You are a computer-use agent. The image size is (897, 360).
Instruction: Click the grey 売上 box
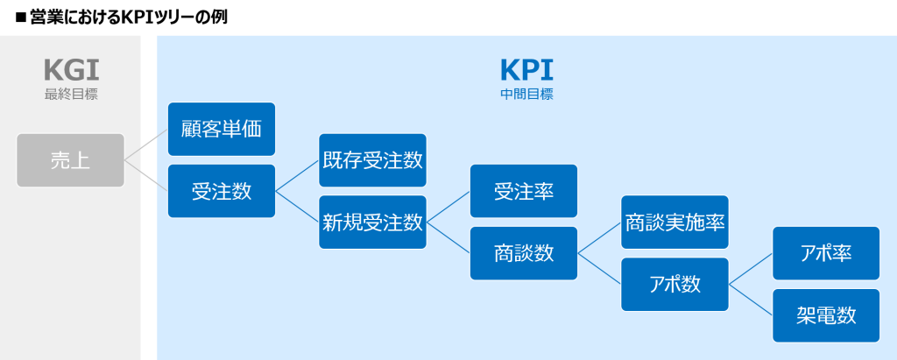[70, 160]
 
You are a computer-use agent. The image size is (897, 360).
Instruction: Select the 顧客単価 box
[222, 130]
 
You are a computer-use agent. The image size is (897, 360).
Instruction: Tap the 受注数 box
[222, 191]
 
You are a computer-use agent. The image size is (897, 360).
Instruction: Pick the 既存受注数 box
[372, 160]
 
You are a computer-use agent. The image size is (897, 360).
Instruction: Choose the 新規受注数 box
[372, 222]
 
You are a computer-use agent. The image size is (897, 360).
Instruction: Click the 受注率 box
[524, 191]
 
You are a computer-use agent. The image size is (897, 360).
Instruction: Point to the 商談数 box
[524, 253]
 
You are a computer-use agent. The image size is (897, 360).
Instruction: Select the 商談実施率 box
[675, 222]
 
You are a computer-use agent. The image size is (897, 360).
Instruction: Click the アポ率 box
[826, 253]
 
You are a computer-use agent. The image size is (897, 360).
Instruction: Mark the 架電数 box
[826, 315]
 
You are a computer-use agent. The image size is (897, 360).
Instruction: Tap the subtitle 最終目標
[71, 94]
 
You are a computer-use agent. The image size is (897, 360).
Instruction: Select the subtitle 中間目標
[526, 94]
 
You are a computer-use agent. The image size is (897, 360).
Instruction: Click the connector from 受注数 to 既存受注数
[297, 176]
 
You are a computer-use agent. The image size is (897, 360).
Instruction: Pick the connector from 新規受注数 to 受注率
[448, 207]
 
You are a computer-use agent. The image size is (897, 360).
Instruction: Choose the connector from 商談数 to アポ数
[599, 269]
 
